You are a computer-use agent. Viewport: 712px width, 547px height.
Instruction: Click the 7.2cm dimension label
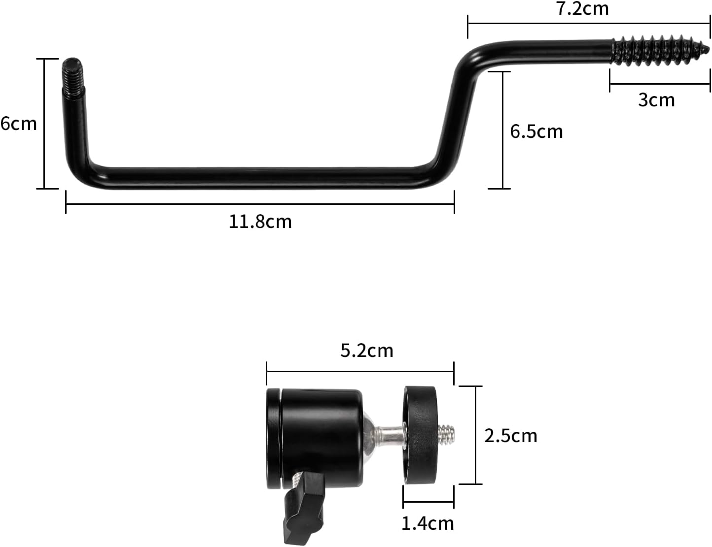point(582,8)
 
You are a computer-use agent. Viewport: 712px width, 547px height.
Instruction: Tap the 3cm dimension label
point(656,100)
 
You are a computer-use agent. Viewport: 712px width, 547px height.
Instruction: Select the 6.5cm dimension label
point(536,131)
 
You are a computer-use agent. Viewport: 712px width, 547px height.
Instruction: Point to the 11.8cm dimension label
point(260,222)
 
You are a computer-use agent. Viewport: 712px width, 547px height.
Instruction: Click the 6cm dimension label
point(19,123)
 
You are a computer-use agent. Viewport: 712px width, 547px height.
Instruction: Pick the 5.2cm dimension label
point(367,351)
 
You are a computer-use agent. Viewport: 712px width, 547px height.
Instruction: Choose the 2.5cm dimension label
point(511,436)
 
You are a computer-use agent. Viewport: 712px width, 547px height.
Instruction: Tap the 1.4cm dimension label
point(427,523)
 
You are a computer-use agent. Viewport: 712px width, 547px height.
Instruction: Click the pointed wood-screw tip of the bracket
point(705,50)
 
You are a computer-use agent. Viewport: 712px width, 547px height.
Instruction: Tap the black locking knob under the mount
point(304,507)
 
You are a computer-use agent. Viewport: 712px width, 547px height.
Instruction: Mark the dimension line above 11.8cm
point(260,204)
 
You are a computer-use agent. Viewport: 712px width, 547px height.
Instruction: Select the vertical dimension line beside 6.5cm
point(502,130)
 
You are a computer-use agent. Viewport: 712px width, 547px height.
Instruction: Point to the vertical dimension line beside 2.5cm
point(475,435)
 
